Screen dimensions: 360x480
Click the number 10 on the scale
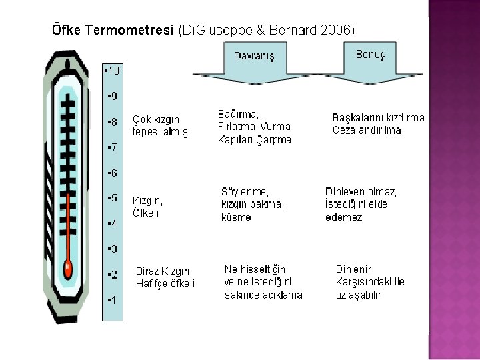[113, 70]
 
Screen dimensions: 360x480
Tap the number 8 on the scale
[113, 122]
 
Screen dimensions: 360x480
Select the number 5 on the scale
[113, 198]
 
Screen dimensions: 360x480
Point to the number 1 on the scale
[113, 300]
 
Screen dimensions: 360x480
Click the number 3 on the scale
[113, 249]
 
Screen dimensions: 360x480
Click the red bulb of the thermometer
[67, 269]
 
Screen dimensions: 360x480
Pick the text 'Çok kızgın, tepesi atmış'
[161, 126]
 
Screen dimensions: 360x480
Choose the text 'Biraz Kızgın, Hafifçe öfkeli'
[165, 277]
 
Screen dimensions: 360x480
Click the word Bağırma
[238, 114]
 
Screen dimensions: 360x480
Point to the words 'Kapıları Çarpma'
[254, 140]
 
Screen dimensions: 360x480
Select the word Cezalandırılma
[367, 130]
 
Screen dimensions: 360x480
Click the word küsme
[236, 217]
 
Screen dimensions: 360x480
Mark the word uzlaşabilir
[359, 295]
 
